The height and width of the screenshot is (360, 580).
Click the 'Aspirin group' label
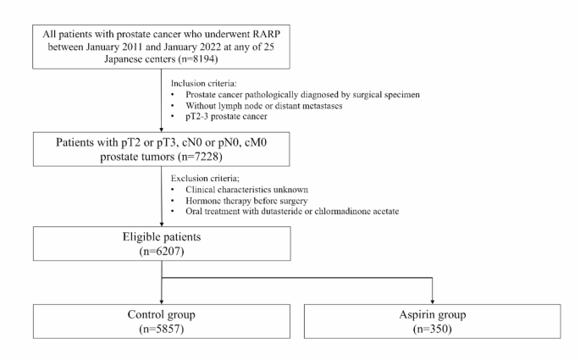[x=434, y=317]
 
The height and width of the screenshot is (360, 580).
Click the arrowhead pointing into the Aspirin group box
[x=434, y=298]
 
